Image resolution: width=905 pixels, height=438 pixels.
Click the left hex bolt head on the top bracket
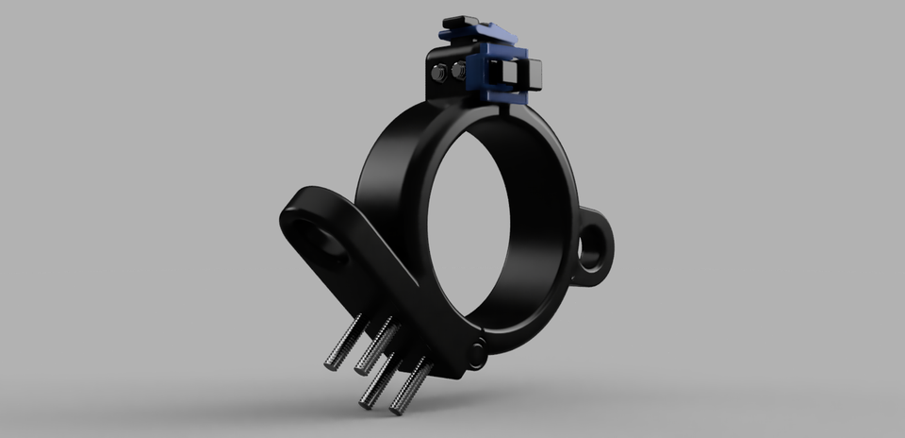click(438, 73)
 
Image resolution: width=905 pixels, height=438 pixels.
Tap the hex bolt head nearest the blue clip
click(458, 71)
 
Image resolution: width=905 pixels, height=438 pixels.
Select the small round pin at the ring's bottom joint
click(478, 353)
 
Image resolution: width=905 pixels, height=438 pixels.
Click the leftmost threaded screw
click(344, 343)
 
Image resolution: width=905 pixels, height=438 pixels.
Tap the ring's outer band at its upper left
click(387, 151)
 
